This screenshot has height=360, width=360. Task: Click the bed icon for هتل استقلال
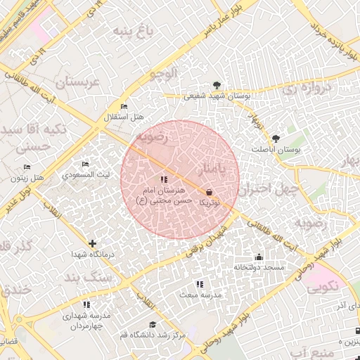point(124,106)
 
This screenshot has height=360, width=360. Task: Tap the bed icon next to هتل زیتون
point(27,167)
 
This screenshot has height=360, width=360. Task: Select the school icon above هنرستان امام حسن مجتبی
point(164,179)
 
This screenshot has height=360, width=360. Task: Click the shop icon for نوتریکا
point(209,192)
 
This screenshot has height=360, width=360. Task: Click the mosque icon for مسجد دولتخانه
point(259,257)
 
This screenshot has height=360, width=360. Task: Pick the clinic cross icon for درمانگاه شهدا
point(92,243)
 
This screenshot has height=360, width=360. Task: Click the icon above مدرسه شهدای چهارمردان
point(86,304)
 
